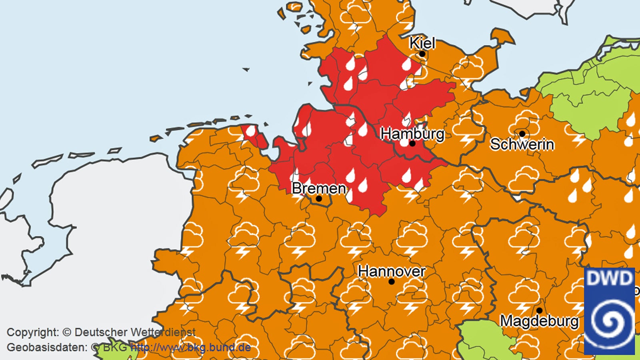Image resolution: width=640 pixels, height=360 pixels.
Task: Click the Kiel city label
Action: pyautogui.click(x=422, y=43)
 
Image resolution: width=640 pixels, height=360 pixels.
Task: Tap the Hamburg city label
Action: pyautogui.click(x=412, y=134)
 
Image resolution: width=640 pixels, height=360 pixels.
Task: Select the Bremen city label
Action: pyautogui.click(x=319, y=188)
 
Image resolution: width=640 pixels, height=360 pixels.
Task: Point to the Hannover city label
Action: pyautogui.click(x=392, y=271)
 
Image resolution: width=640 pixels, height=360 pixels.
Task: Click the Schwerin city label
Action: pyautogui.click(x=522, y=144)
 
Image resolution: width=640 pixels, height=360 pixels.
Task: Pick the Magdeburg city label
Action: pyautogui.click(x=539, y=321)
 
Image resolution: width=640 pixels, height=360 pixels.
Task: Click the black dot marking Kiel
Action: pyautogui.click(x=422, y=54)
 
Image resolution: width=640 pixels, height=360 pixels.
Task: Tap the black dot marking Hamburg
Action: pyautogui.click(x=412, y=143)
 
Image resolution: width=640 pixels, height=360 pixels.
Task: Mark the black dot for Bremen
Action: pyautogui.click(x=319, y=198)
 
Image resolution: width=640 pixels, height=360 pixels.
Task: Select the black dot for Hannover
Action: pyautogui.click(x=392, y=282)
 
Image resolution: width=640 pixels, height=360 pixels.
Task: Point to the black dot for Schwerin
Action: pyautogui.click(x=522, y=134)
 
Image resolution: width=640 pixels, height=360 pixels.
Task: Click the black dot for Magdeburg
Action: pyautogui.click(x=539, y=310)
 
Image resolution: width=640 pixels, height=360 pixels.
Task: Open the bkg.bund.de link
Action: pyautogui.click(x=191, y=347)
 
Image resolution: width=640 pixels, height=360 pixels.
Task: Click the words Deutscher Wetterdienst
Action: pyautogui.click(x=135, y=332)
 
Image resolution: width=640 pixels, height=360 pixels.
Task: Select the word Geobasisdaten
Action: pyautogui.click(x=47, y=347)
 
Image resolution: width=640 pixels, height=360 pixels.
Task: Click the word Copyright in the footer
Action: pyautogui.click(x=33, y=332)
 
